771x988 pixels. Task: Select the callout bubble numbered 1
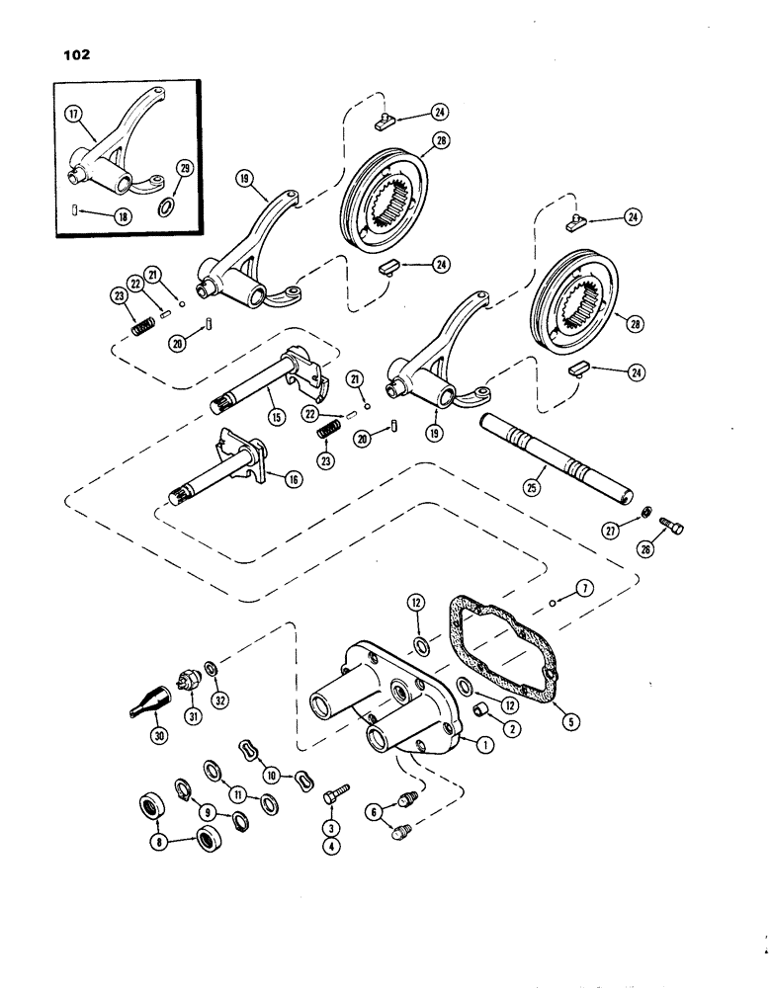click(x=484, y=747)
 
